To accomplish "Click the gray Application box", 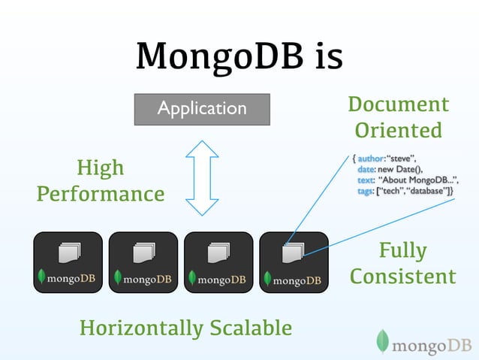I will (x=201, y=108).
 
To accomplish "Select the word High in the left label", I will (x=101, y=168).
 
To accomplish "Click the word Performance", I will (x=101, y=195).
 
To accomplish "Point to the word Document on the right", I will (x=398, y=104).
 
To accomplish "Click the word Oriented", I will (x=398, y=131).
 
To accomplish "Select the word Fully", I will (x=402, y=250).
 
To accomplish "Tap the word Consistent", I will (x=402, y=277).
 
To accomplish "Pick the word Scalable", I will (x=252, y=328).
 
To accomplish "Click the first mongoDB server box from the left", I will (x=68, y=262).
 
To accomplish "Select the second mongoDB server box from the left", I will (x=143, y=262).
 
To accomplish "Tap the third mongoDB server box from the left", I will (x=218, y=262).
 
